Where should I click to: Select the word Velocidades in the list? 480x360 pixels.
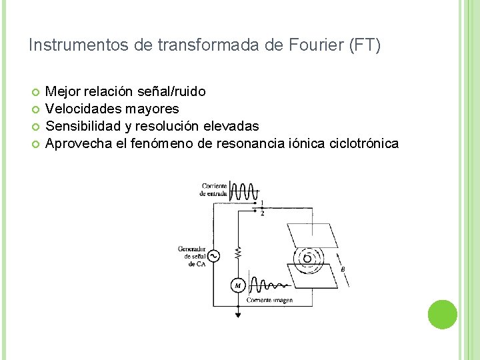[x=80, y=108]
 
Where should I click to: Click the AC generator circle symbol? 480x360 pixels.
[x=213, y=256]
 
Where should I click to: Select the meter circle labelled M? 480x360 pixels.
[x=237, y=286]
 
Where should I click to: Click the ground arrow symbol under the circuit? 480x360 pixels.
[x=237, y=313]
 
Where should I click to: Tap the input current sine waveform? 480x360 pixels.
[x=243, y=191]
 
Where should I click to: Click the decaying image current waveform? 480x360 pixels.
[x=270, y=285]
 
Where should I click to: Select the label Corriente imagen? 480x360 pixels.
[x=269, y=301]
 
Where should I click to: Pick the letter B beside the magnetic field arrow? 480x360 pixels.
[x=343, y=269]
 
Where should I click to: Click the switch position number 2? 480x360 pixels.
[x=262, y=213]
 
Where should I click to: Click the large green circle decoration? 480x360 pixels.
[x=442, y=315]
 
